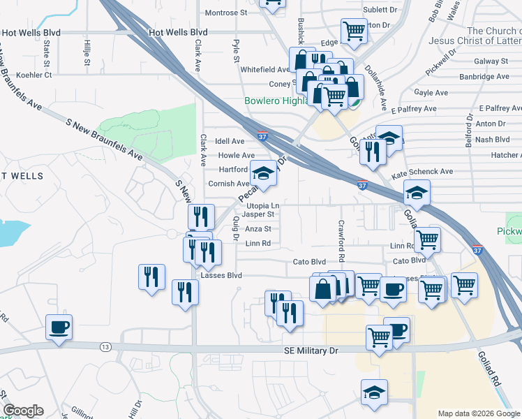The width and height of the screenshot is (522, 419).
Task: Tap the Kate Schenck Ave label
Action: [422, 171]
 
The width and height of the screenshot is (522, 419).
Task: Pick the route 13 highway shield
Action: [105, 347]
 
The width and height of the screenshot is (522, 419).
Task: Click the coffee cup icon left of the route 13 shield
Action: [59, 326]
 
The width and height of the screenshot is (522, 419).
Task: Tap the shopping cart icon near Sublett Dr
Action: [354, 31]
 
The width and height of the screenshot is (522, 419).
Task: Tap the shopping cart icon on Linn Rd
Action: [427, 240]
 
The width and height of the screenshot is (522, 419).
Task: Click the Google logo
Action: [23, 411]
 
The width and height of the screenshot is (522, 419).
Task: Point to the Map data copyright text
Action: [479, 413]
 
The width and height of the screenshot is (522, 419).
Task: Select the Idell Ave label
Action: [230, 141]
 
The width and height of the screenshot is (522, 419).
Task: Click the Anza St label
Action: [258, 228]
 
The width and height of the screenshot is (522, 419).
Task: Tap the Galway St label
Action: [493, 61]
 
